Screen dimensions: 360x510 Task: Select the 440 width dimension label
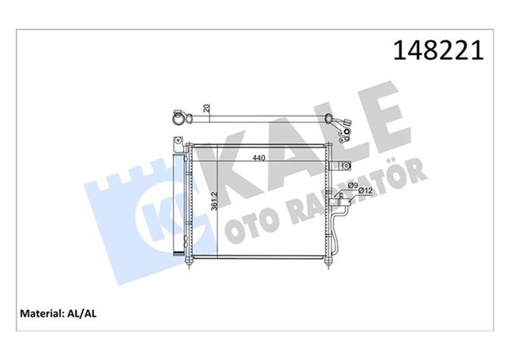260,156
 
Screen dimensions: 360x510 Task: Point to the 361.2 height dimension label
213,202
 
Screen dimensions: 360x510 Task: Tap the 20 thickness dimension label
206,108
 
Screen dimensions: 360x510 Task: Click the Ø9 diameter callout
353,182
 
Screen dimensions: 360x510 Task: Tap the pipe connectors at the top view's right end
344,126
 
